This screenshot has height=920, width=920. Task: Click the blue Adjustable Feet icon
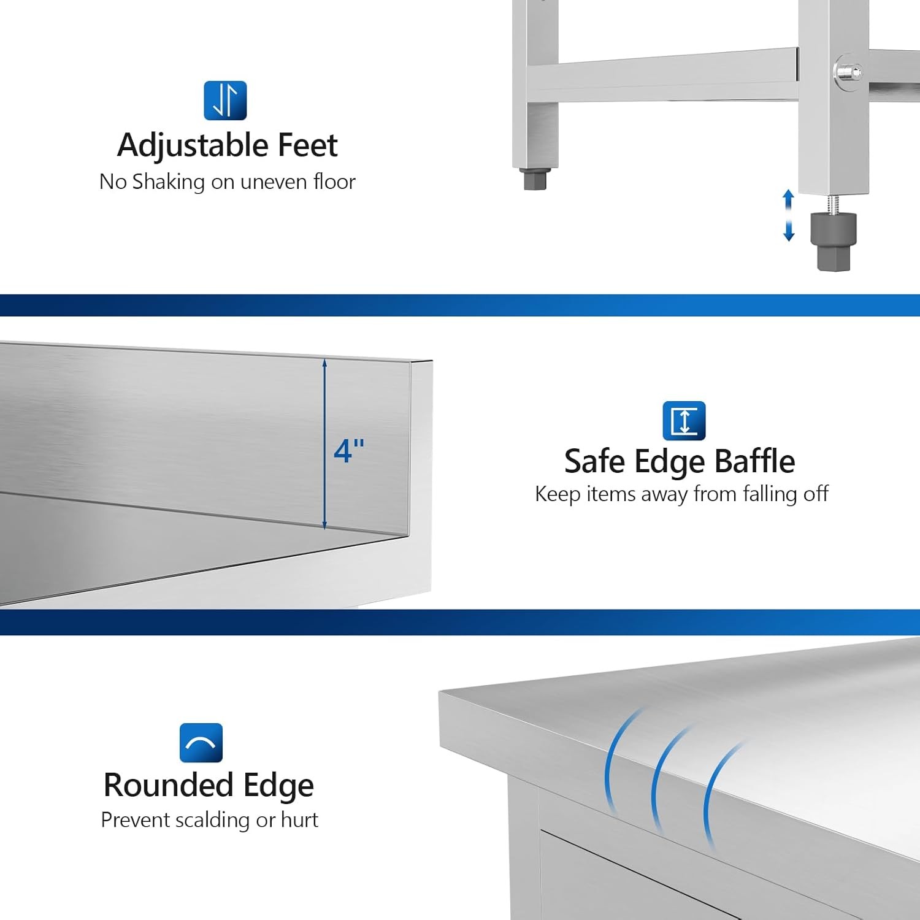tap(225, 101)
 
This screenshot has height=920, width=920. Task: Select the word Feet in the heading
tap(307, 145)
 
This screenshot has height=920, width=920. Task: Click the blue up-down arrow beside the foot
tap(789, 215)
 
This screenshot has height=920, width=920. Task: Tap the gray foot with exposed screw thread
tap(834, 240)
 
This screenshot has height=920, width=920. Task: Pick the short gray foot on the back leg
tap(535, 179)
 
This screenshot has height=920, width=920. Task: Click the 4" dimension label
tap(349, 451)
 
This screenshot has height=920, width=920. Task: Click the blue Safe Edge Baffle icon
tap(684, 421)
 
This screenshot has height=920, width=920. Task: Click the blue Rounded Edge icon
tap(201, 743)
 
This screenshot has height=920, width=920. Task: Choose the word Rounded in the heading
tap(169, 786)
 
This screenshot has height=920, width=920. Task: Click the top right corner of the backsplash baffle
tap(431, 362)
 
